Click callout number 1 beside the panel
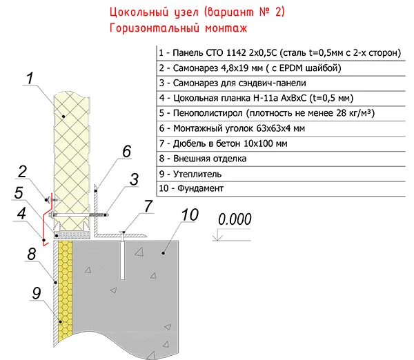click(x=30, y=78)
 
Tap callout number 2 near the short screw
click(x=23, y=172)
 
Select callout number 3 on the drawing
click(x=134, y=179)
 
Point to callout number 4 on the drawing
click(x=21, y=213)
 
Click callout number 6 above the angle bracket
click(x=127, y=152)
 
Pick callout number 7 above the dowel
click(x=148, y=206)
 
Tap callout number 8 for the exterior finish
click(x=32, y=254)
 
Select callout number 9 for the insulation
click(x=37, y=293)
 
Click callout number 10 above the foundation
click(x=190, y=214)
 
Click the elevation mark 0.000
click(x=235, y=219)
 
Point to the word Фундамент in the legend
click(x=200, y=188)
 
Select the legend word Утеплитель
click(x=197, y=174)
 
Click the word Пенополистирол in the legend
click(x=208, y=113)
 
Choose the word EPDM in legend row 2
click(x=291, y=68)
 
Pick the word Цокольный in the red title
click(x=139, y=12)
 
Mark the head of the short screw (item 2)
click(x=47, y=199)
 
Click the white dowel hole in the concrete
click(x=123, y=260)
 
